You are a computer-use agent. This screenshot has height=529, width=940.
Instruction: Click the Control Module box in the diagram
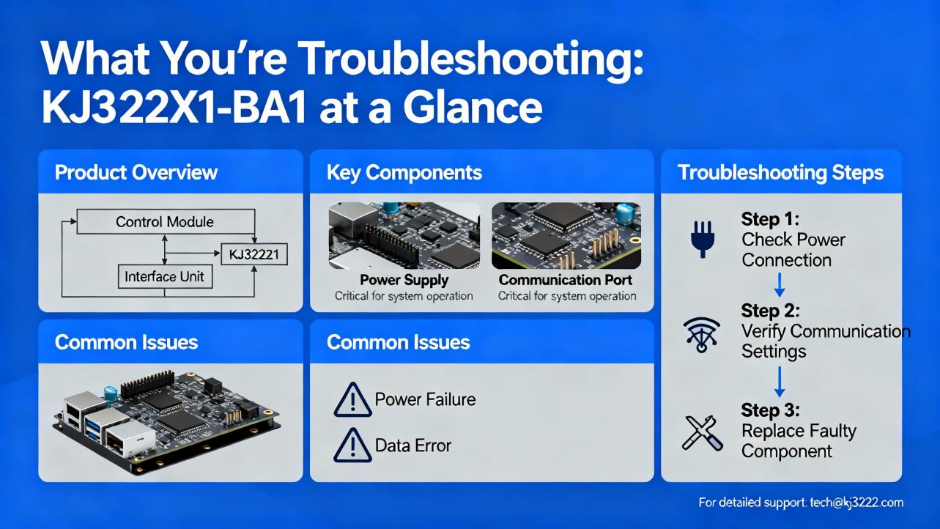(x=166, y=221)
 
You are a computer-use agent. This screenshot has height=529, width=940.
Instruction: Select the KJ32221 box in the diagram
(x=254, y=254)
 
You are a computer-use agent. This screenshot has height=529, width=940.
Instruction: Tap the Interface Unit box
(x=165, y=276)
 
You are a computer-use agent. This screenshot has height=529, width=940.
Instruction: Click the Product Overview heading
(x=136, y=172)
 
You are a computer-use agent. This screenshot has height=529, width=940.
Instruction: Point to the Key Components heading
(x=404, y=172)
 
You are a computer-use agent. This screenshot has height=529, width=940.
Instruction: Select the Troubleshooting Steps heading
(x=780, y=172)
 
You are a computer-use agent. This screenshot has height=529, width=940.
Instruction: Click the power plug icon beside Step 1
(x=702, y=239)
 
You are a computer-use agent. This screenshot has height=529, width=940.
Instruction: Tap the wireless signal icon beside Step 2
(x=702, y=335)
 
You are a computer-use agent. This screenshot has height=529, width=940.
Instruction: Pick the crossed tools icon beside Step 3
(x=702, y=433)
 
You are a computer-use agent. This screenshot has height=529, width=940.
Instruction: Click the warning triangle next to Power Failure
(x=352, y=400)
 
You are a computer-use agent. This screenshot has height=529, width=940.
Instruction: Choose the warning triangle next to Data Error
(x=352, y=445)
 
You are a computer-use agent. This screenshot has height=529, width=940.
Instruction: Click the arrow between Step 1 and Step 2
(x=780, y=285)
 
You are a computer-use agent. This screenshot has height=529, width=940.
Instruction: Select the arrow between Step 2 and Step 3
(x=780, y=382)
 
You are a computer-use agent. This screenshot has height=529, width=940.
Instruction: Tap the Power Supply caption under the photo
(x=404, y=280)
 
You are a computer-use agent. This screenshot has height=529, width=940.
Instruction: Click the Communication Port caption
(x=566, y=280)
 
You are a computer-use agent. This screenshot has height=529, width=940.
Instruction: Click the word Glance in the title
(x=473, y=107)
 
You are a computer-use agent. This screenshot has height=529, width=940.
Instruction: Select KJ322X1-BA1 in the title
(x=174, y=107)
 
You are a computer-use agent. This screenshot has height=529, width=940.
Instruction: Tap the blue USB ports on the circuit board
(x=94, y=429)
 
